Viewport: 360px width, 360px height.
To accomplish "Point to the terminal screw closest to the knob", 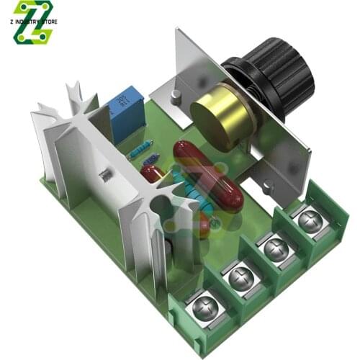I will pos(310,220).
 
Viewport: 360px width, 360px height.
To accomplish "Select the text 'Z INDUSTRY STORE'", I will pos(34,22).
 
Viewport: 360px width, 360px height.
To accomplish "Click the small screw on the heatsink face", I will pos(106,174).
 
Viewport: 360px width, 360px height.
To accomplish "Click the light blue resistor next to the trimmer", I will pos(140,149).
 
